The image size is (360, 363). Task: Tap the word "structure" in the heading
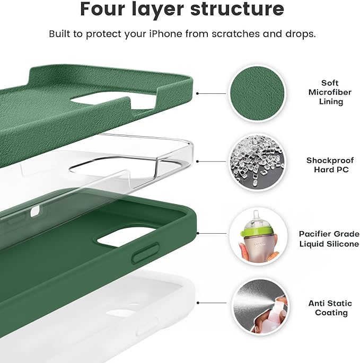point(237,9)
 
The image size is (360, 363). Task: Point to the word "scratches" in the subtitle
point(235,34)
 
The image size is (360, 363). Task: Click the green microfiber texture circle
point(257,93)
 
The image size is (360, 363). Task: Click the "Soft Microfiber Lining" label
point(330,92)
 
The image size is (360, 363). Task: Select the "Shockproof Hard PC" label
point(330,165)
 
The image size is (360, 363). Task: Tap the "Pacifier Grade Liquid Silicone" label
point(329,238)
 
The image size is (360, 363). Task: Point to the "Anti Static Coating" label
point(330,308)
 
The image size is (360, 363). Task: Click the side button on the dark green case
point(145,252)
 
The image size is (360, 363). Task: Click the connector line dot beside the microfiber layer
point(197,93)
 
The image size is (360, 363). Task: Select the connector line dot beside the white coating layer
point(198,303)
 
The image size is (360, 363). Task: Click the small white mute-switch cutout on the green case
point(35,211)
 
